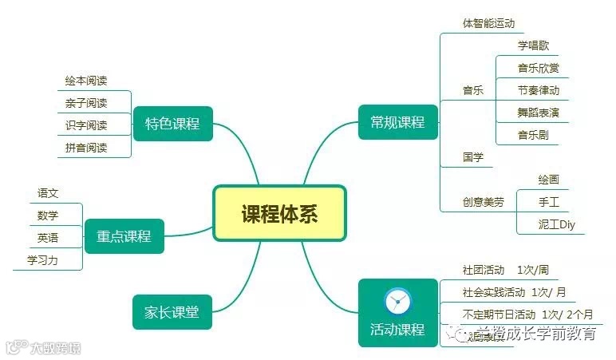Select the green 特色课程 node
coord(172,124)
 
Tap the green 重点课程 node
coord(124,236)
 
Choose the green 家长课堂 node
coord(172,311)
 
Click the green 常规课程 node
coord(397,122)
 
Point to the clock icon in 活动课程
coord(397,301)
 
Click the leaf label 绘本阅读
coord(86,81)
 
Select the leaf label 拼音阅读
coord(86,148)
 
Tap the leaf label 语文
coord(48,193)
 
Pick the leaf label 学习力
coord(42,260)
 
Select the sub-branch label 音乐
coord(473,90)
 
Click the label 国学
coord(473,156)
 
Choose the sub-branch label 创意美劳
coord(484,202)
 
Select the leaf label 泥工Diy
coord(556,224)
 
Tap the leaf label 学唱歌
coord(533,45)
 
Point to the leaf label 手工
coord(548,202)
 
